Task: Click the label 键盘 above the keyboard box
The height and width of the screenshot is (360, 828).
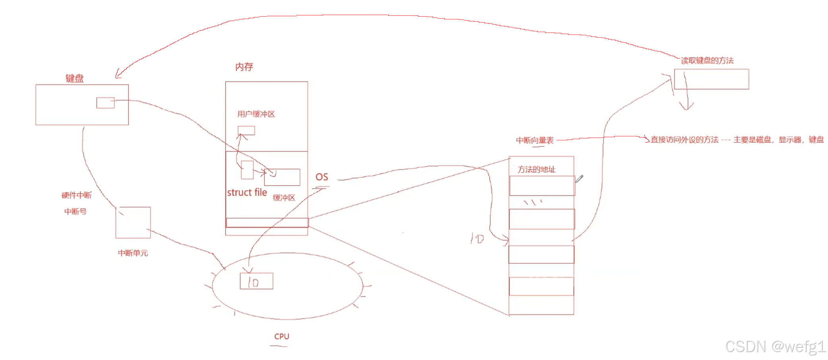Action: pos(75,78)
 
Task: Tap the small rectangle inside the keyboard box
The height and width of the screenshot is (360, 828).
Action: pos(105,103)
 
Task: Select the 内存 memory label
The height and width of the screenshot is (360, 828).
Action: pos(244,67)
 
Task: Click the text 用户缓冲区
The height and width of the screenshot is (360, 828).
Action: pos(256,114)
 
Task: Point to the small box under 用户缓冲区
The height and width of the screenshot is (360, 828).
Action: pos(246,130)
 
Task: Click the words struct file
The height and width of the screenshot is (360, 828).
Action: pos(247,193)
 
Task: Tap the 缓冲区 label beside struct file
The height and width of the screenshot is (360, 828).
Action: pos(284,198)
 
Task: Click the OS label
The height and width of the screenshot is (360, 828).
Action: pos(322,177)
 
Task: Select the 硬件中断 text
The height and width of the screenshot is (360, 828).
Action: pos(76,195)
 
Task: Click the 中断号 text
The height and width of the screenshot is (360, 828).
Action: pos(75,212)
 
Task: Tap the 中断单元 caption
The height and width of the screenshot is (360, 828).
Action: pos(133,253)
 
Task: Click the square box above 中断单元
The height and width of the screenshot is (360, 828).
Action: pos(133,223)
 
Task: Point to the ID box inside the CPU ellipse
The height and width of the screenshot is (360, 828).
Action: pos(257,281)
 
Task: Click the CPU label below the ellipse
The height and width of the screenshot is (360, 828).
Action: pos(282,337)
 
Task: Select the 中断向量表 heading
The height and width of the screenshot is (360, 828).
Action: pos(534,140)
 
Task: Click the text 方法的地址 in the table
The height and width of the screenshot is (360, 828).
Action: pos(536,170)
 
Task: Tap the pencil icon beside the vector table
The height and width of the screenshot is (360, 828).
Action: pos(579,179)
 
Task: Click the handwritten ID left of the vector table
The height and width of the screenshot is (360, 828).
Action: pos(477,238)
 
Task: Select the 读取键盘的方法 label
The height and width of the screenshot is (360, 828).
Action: pos(707,61)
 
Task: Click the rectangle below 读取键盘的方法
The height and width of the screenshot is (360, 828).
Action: pos(711,79)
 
